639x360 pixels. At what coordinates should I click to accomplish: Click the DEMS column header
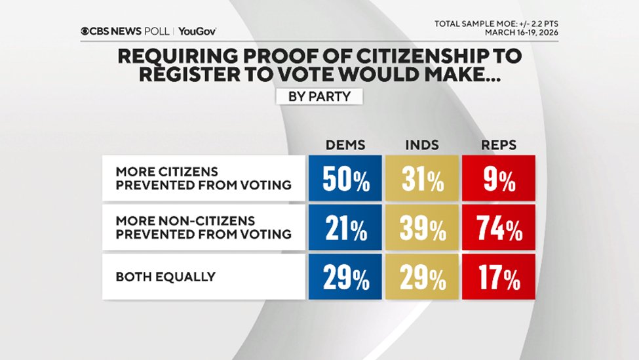(x=343, y=144)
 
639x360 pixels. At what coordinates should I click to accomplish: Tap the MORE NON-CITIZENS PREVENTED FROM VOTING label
(x=203, y=227)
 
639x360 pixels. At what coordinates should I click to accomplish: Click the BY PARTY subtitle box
(x=319, y=96)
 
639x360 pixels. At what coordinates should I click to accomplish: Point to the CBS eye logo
(x=85, y=31)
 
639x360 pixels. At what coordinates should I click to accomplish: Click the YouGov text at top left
(x=197, y=31)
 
